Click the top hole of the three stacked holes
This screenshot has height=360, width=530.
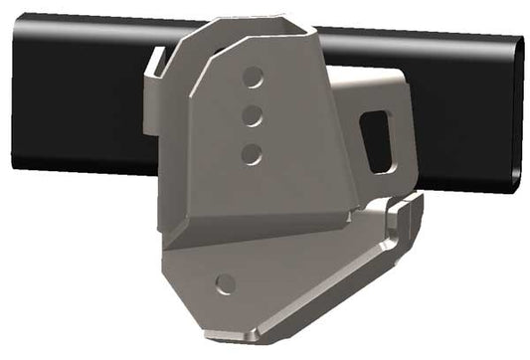click(x=255, y=77)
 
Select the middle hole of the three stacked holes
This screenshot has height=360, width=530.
click(x=253, y=115)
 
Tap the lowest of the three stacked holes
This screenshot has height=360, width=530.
click(x=252, y=153)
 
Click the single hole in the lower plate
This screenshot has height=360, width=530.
click(x=226, y=282)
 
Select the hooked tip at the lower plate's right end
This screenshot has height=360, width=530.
click(x=409, y=208)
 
